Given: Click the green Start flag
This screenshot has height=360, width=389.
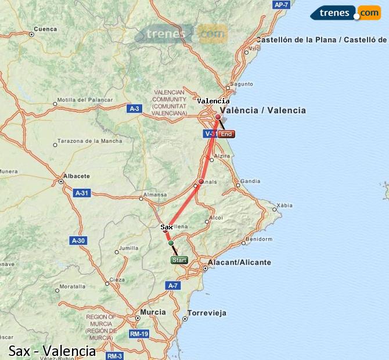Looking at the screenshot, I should point(179,260).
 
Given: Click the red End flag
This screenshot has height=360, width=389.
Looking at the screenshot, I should point(226,134).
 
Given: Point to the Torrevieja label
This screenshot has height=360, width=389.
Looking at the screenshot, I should point(206,312).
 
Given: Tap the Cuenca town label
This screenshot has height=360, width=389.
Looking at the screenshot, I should point(45,28).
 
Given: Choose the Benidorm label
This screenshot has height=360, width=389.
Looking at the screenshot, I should point(258,239).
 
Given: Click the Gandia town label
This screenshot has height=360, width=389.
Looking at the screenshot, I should point(250,181).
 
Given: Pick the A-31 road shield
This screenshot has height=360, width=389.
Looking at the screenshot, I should point(82,193).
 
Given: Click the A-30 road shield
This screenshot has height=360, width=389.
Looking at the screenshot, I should point(78,240).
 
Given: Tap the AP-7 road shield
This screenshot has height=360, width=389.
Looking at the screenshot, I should point(281,5).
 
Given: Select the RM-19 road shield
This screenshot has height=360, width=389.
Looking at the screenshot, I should point(139,334).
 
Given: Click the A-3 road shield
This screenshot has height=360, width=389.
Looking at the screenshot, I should point(134,109).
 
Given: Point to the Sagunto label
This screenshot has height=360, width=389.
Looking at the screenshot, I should point(242,84).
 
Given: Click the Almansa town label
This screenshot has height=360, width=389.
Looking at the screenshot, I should point(154,195).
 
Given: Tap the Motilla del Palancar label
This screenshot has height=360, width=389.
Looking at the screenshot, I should point(85,100).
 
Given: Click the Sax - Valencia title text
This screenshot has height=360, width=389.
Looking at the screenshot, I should point(52,351).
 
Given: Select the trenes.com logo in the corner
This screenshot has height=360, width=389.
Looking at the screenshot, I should point(346,12).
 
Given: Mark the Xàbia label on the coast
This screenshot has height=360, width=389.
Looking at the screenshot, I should point(284,206).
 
